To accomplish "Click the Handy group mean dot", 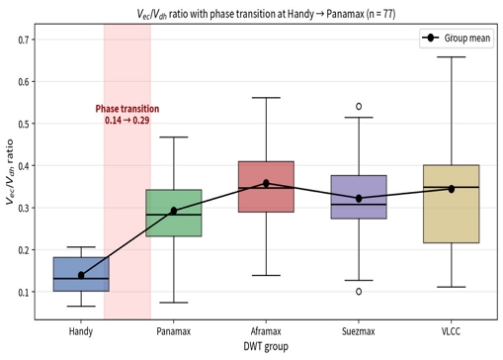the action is (81, 275).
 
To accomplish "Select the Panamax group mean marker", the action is (174, 211).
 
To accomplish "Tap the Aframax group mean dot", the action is (266, 183).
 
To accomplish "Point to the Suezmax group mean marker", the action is (359, 199).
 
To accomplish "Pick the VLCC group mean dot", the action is (452, 189).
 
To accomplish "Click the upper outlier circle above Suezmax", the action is (359, 106).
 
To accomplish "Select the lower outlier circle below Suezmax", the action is (359, 292).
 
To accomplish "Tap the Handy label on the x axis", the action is (81, 331).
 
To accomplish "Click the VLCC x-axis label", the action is (451, 331).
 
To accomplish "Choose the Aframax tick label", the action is (266, 331).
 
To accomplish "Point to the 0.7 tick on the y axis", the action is (24, 40).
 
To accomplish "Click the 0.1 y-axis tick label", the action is (24, 292).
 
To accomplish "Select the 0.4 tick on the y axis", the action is (24, 166).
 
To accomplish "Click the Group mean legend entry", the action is (457, 39).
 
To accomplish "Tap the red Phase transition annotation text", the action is (127, 115).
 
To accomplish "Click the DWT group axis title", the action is (266, 346).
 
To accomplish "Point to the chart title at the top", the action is (266, 14).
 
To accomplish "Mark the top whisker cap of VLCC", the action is (452, 57).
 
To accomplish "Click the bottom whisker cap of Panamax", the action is (174, 303).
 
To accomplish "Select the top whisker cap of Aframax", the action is (266, 98).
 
